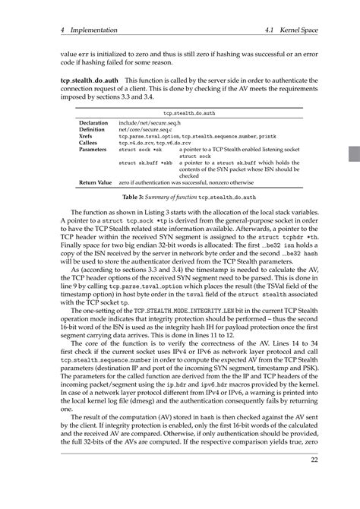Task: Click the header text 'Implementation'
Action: [92, 30]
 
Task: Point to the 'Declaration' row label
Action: [94, 122]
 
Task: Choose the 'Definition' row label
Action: [93, 129]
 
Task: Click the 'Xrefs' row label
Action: [87, 136]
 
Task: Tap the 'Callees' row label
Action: [90, 143]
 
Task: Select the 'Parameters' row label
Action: [93, 150]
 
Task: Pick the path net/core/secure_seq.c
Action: [145, 129]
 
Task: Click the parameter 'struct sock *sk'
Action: [140, 150]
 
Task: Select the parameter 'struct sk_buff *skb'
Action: [145, 163]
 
